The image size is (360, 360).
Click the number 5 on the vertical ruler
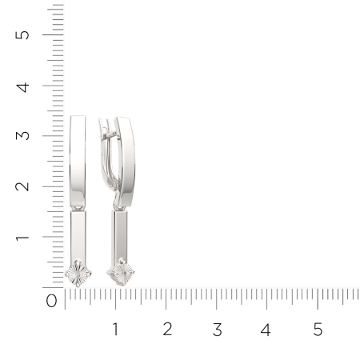[22, 35]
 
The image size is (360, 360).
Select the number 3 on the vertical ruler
[22, 136]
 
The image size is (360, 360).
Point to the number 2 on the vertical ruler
[22, 186]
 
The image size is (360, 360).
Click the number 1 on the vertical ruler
[22, 238]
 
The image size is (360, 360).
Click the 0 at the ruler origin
[51, 301]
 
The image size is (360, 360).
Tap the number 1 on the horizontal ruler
[115, 329]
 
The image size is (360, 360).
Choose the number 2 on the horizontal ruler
[167, 329]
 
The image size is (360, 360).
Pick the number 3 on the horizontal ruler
[218, 330]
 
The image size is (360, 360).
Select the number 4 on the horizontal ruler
[266, 330]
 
